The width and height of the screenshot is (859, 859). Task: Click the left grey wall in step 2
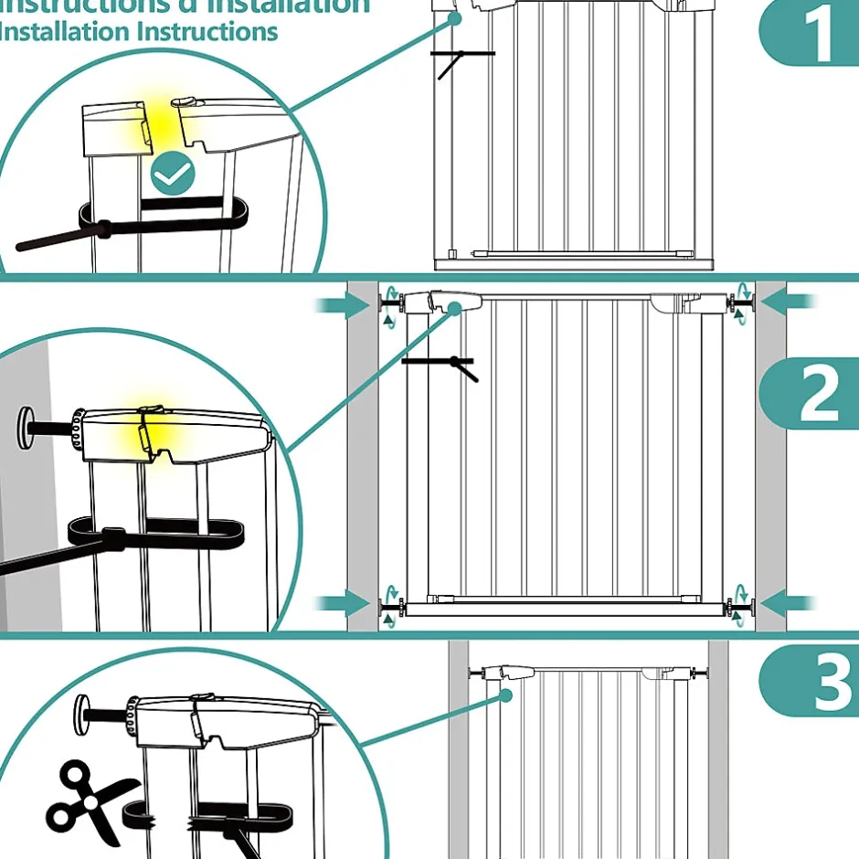pos(363,457)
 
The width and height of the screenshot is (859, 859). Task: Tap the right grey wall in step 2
pos(770,457)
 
